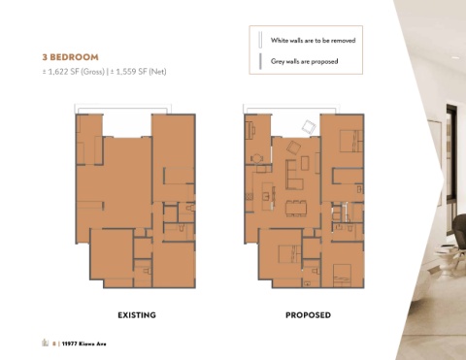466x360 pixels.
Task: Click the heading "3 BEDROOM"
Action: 70,57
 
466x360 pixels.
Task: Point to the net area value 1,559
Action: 125,72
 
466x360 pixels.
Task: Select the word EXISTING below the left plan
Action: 137,315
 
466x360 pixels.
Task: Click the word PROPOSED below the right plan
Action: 308,315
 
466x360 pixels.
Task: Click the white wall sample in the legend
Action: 260,40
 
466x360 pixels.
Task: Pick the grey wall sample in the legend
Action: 260,61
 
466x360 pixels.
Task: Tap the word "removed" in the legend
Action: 343,41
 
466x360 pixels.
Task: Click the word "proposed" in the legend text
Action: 324,61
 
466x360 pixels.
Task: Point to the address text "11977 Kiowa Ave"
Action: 83,344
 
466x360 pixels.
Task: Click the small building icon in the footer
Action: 45,343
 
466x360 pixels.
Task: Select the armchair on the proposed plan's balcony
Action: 309,126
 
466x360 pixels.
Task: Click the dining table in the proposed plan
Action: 296,209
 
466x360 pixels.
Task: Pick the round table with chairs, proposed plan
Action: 257,158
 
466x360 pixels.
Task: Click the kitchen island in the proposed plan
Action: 267,196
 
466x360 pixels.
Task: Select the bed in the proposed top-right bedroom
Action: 350,141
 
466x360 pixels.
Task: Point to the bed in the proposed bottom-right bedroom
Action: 342,276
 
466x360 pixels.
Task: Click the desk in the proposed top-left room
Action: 250,130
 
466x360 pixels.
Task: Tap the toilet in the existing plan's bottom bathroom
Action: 148,271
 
